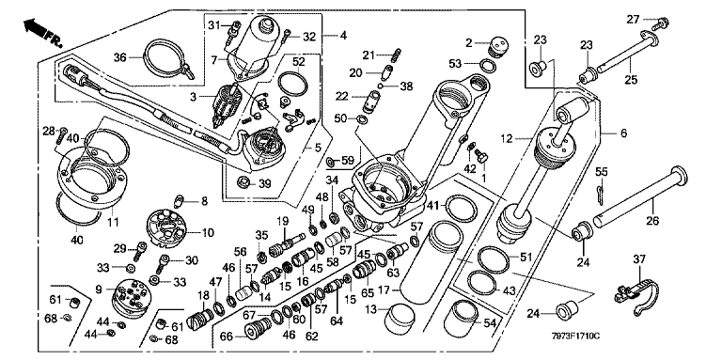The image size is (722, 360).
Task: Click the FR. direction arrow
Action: click(42, 31)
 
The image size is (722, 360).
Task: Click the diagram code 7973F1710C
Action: click(576, 336)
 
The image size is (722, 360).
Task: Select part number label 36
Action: click(119, 57)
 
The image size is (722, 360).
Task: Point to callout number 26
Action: click(653, 221)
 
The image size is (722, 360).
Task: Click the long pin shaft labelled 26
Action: click(640, 198)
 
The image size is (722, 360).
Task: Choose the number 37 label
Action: click(639, 259)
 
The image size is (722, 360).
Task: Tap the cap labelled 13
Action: click(400, 319)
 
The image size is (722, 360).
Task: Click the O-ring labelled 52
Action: click(293, 83)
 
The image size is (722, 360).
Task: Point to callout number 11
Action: click(113, 223)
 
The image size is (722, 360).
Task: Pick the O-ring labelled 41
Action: click(462, 208)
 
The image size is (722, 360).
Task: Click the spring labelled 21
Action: click(394, 56)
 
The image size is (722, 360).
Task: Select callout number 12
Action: click(507, 138)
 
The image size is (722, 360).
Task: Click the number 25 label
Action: click(631, 79)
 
